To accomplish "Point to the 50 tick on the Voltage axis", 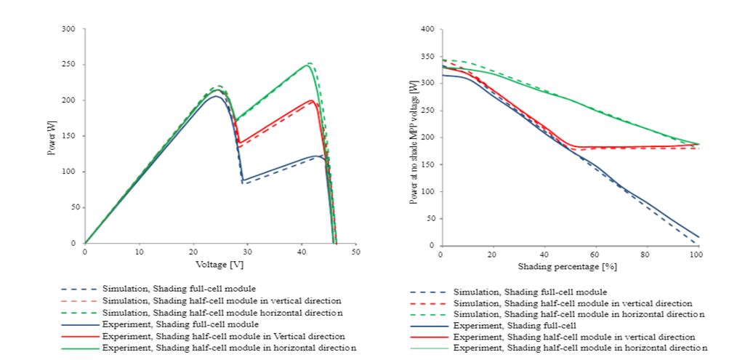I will (x=356, y=252).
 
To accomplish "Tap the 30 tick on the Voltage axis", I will (x=248, y=252).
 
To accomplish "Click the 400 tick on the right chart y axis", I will (x=428, y=29).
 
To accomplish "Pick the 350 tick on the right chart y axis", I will (x=428, y=56).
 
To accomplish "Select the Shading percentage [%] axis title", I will (x=568, y=267).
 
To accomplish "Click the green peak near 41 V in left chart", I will (x=308, y=65).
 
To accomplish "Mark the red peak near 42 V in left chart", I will (x=312, y=100).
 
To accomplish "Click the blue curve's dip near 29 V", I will (x=243, y=180).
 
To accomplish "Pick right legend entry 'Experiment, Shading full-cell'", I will (x=522, y=326).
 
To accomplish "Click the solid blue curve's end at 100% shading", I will (x=697, y=237).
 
